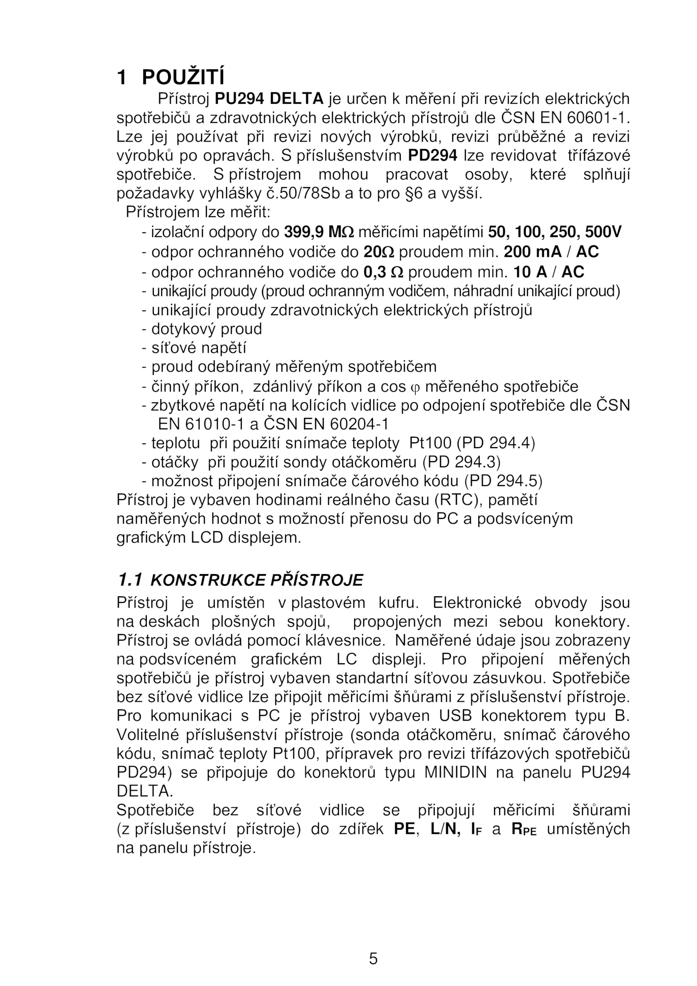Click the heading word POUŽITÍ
(x=183, y=78)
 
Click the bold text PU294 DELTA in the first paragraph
(x=269, y=99)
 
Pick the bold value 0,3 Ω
(x=383, y=272)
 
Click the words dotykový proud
(x=206, y=329)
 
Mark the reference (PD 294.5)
(x=503, y=481)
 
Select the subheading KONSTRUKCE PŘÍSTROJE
(x=257, y=580)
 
